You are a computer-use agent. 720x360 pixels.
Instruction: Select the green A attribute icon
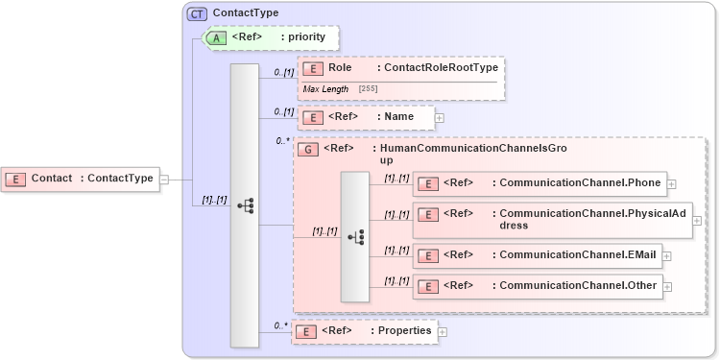click(x=217, y=37)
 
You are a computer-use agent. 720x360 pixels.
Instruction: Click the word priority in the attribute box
click(x=309, y=37)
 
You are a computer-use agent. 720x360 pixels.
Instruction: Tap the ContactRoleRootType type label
click(x=439, y=68)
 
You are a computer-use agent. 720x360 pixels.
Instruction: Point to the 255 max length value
click(x=368, y=88)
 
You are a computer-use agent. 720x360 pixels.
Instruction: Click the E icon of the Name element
click(x=311, y=117)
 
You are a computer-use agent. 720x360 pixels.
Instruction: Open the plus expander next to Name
click(x=440, y=118)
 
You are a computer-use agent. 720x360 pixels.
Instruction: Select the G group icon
click(x=308, y=150)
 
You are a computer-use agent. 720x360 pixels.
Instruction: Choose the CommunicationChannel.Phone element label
click(x=579, y=182)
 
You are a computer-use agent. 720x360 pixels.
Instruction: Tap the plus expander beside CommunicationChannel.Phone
click(x=672, y=183)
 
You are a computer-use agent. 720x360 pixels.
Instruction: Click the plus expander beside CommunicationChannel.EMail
click(x=666, y=256)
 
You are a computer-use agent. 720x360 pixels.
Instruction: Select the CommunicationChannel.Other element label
click(x=574, y=286)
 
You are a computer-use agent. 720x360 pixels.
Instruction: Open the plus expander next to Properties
click(x=443, y=331)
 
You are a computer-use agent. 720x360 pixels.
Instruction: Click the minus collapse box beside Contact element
click(x=164, y=179)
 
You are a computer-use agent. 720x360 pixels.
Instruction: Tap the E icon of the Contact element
click(x=15, y=178)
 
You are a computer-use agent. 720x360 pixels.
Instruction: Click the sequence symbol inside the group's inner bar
click(x=355, y=237)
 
